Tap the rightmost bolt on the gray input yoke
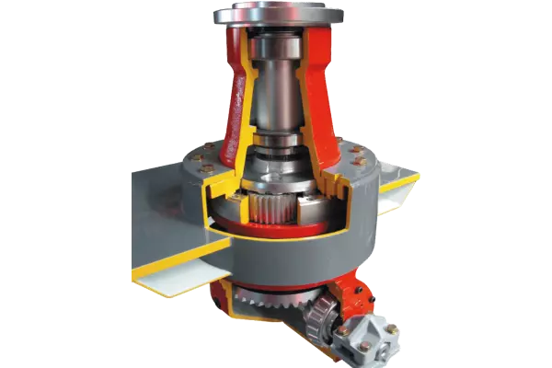[x=393, y=328]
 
